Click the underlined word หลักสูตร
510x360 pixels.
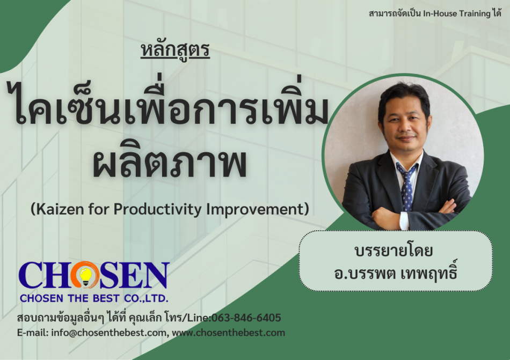[x=176, y=50]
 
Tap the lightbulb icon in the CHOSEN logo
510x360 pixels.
[x=85, y=276]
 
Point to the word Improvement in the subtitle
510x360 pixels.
[x=254, y=210]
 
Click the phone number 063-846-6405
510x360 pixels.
[x=246, y=318]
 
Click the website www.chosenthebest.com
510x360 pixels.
[x=228, y=333]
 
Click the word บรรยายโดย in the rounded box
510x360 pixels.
[x=394, y=251]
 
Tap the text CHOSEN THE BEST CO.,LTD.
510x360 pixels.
[x=94, y=298]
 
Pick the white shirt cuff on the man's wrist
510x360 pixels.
[x=404, y=221]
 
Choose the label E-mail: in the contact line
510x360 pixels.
[x=33, y=333]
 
